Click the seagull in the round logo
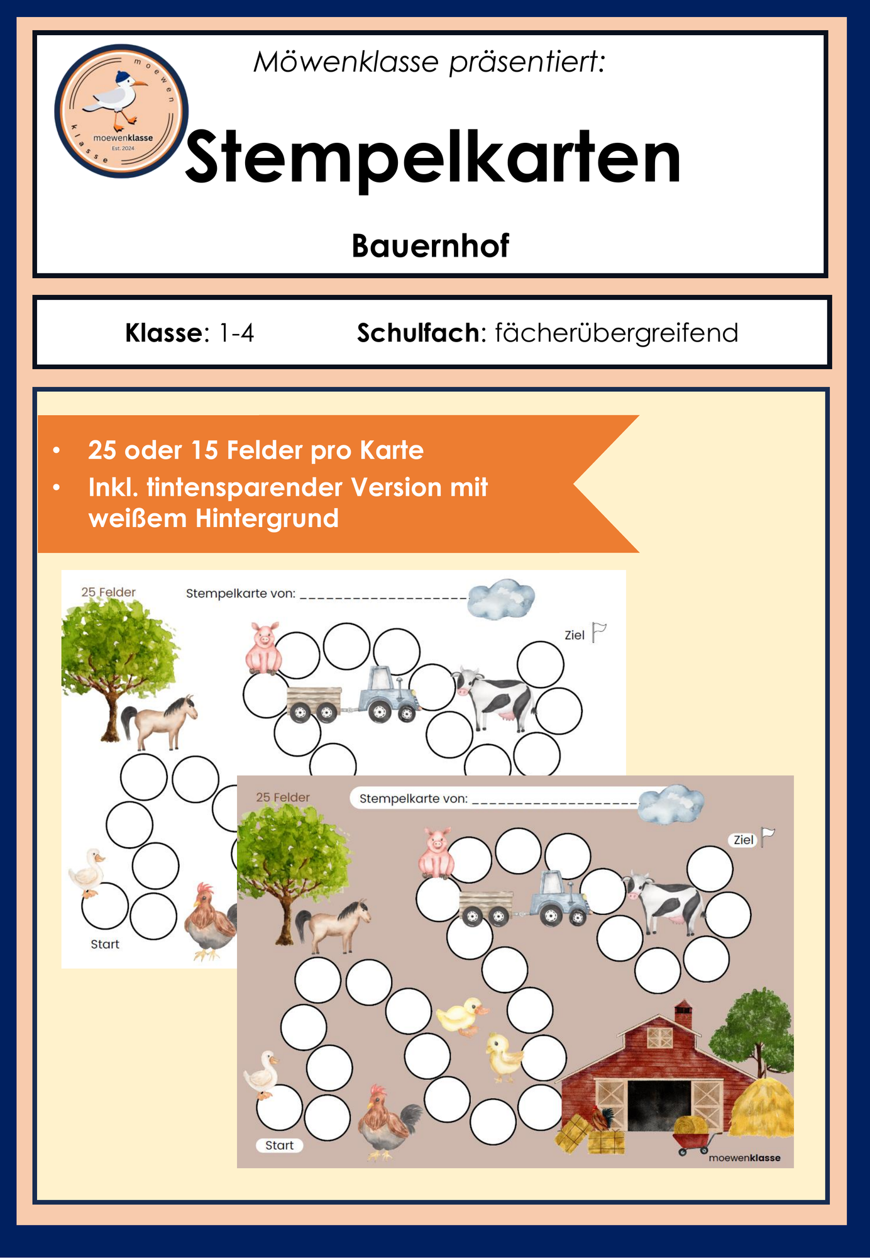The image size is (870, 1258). click(116, 98)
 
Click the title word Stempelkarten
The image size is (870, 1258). click(433, 157)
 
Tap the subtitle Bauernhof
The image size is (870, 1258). click(430, 246)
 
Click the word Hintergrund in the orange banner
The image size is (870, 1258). click(267, 519)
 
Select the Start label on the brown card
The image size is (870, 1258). click(279, 1145)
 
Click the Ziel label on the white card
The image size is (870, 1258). click(575, 635)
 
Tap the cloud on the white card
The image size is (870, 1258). click(502, 599)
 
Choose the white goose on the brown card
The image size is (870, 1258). click(262, 1075)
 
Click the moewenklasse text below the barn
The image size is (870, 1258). click(744, 1158)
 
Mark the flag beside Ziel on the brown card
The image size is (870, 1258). click(768, 837)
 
